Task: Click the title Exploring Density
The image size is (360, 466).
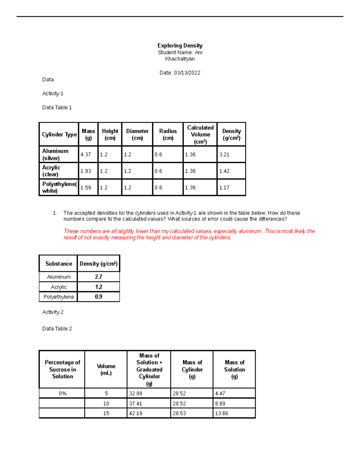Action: [180, 46]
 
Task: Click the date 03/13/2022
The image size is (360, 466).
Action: [187, 73]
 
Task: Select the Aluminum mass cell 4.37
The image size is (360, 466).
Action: [86, 155]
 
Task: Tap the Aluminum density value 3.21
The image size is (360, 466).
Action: [224, 155]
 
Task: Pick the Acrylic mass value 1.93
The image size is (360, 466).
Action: [86, 171]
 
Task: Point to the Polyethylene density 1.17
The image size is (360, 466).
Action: [224, 188]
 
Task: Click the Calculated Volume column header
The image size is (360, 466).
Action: [200, 134]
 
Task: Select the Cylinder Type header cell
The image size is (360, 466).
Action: [59, 134]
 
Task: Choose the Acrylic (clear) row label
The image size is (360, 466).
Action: [51, 171]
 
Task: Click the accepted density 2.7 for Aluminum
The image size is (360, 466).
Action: [98, 277]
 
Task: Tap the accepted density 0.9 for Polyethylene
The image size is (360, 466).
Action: [98, 297]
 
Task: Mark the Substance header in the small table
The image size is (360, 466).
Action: [59, 264]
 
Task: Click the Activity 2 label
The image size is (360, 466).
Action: [53, 312]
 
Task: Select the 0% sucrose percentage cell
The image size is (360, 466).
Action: [63, 393]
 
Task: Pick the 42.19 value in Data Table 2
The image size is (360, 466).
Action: [136, 413]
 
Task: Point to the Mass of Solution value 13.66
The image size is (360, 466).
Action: [222, 413]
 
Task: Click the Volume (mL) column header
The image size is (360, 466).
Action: [106, 369]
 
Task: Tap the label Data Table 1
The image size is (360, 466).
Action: [57, 107]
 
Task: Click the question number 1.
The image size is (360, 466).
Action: [55, 213]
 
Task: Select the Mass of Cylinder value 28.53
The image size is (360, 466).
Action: [179, 413]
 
